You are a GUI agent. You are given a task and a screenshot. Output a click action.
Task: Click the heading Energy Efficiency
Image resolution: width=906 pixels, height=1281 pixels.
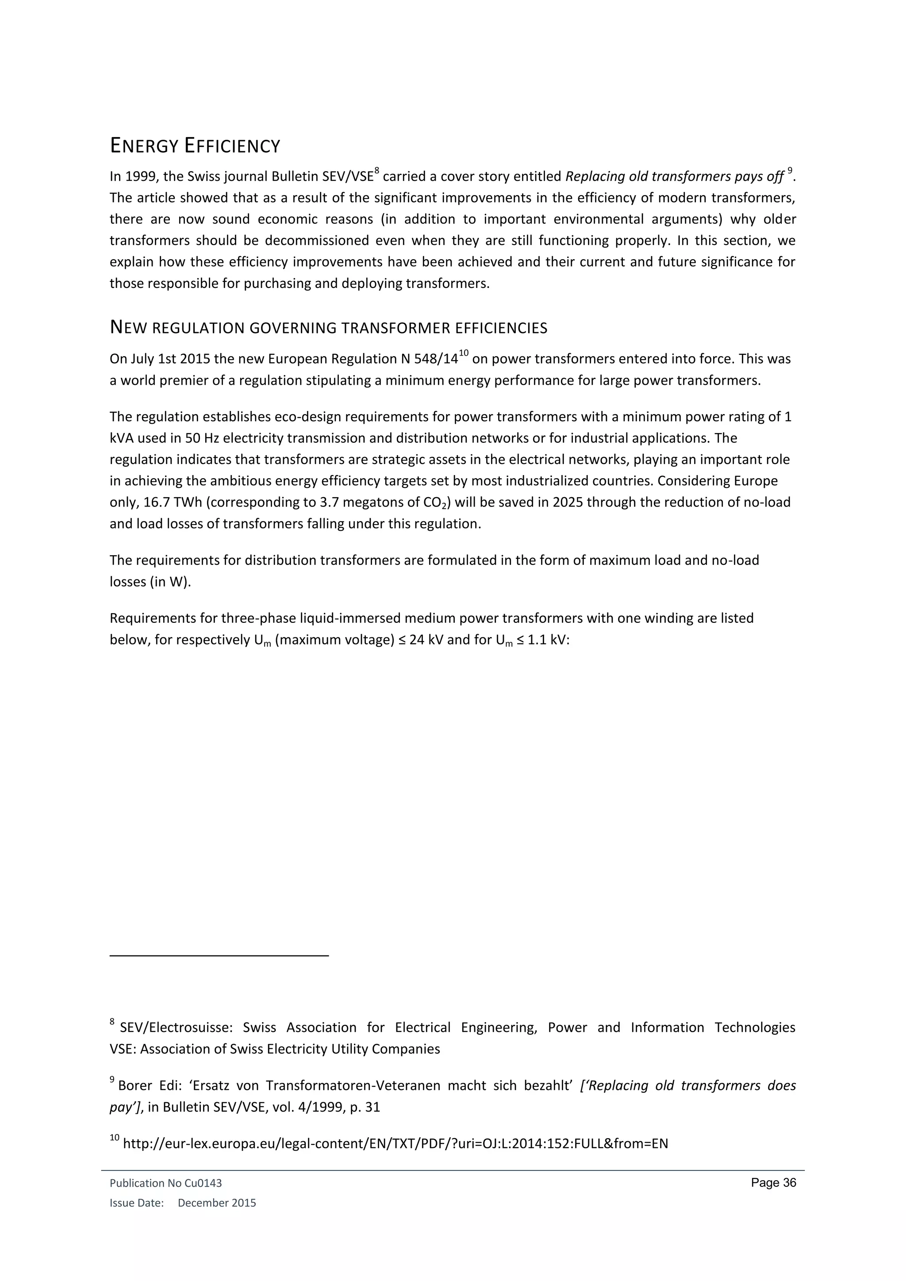pyautogui.click(x=195, y=146)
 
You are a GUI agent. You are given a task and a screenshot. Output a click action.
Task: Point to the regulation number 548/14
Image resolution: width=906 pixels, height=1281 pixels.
pyautogui.click(x=433, y=359)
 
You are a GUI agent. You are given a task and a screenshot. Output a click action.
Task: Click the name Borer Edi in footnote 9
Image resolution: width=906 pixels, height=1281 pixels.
pyautogui.click(x=149, y=1086)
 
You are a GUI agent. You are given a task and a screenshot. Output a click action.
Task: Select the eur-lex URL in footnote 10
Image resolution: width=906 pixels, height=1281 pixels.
pyautogui.click(x=395, y=1144)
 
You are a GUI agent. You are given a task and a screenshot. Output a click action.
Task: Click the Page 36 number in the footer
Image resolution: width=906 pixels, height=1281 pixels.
pyautogui.click(x=773, y=1183)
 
